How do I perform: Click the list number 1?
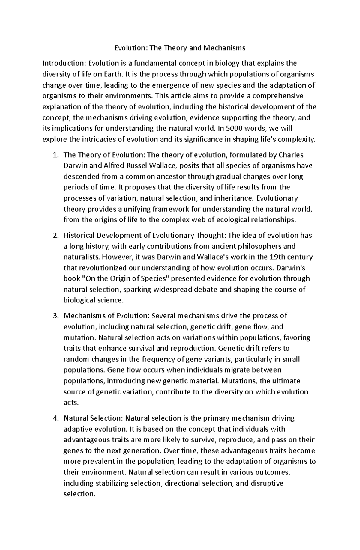54,155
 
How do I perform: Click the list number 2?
55,235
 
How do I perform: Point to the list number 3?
55,316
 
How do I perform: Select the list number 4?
55,418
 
